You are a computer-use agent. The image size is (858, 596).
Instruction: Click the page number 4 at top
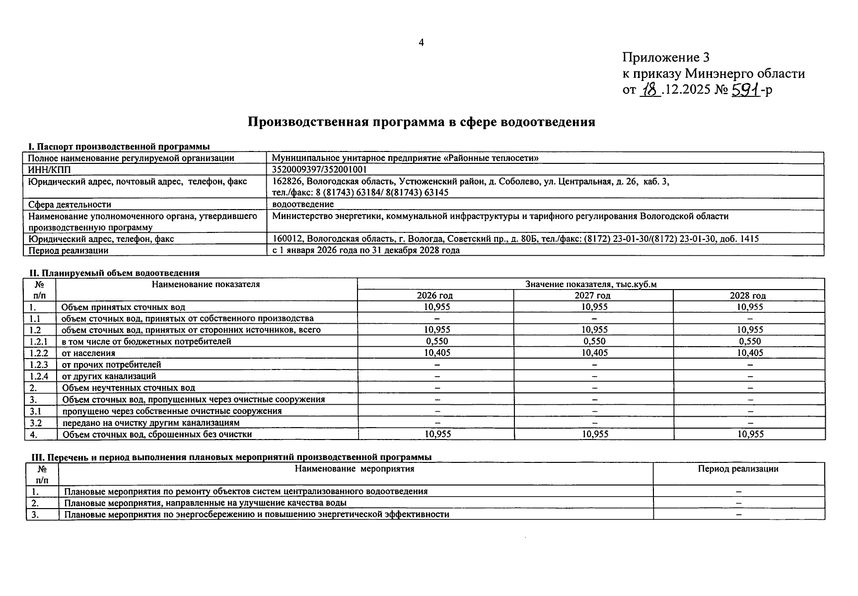pos(421,43)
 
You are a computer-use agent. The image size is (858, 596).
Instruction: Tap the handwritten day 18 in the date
pos(649,89)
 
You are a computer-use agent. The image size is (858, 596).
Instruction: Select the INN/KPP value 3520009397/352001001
pos(320,169)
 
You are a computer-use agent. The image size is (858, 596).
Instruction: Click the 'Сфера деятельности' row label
pos(70,204)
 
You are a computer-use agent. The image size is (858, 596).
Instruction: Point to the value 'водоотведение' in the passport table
pos(303,204)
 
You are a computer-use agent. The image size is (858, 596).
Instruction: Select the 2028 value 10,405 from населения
pos(749,353)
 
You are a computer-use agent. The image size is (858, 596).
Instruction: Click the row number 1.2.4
pos(39,376)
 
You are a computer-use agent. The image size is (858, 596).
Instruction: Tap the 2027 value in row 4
pos(594,434)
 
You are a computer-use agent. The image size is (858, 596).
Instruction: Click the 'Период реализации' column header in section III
pos(738,468)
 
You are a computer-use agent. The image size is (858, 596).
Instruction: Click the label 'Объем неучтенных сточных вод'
pos(128,388)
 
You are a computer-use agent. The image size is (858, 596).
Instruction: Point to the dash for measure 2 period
pos(739,503)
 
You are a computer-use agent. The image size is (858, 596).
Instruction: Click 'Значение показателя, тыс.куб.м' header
pos(590,284)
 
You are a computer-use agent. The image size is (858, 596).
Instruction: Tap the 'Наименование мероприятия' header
pos(355,468)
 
